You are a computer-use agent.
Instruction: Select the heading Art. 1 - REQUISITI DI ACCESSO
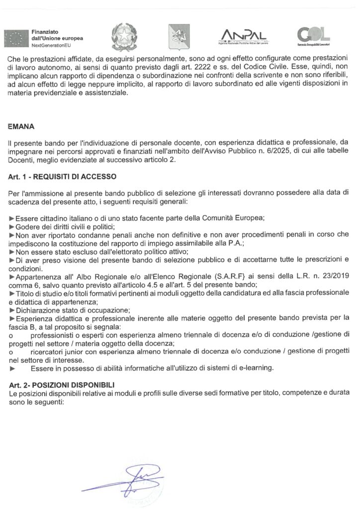tap(62, 177)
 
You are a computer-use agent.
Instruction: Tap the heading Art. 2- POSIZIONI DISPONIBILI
tap(62, 385)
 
